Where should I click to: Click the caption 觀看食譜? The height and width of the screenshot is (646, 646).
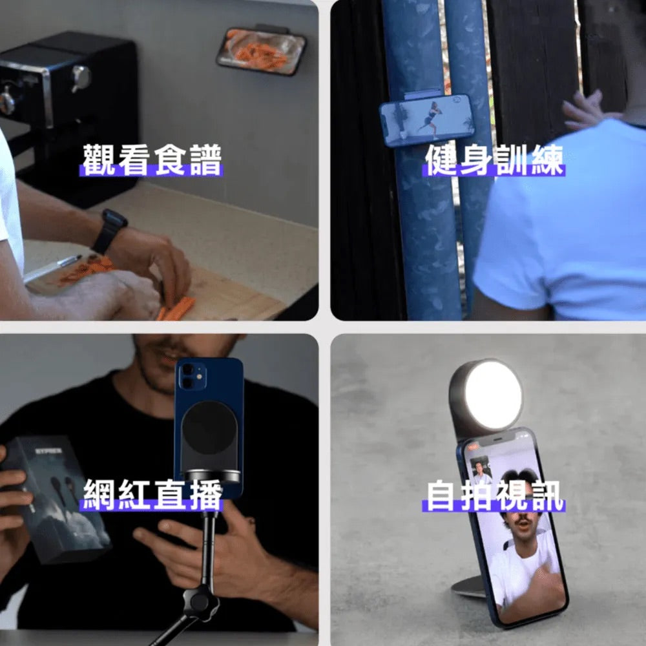(x=152, y=160)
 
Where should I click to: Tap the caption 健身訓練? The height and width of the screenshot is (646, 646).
(x=494, y=160)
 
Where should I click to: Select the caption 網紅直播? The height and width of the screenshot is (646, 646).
(x=152, y=494)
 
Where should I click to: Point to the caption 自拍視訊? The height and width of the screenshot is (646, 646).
(x=494, y=495)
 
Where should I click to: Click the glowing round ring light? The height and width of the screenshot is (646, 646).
(x=493, y=395)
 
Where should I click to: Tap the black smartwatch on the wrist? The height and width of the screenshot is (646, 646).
(x=110, y=231)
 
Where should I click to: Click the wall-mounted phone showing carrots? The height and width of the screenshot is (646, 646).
(x=261, y=51)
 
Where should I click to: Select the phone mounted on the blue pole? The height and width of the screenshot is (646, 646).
(x=427, y=120)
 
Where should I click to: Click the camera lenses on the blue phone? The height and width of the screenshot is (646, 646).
(x=187, y=376)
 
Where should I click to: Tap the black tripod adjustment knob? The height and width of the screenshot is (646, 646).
(x=200, y=601)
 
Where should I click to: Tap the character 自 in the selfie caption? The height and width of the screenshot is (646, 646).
(x=440, y=495)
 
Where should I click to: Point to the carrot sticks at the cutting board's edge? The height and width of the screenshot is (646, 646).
(x=176, y=307)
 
